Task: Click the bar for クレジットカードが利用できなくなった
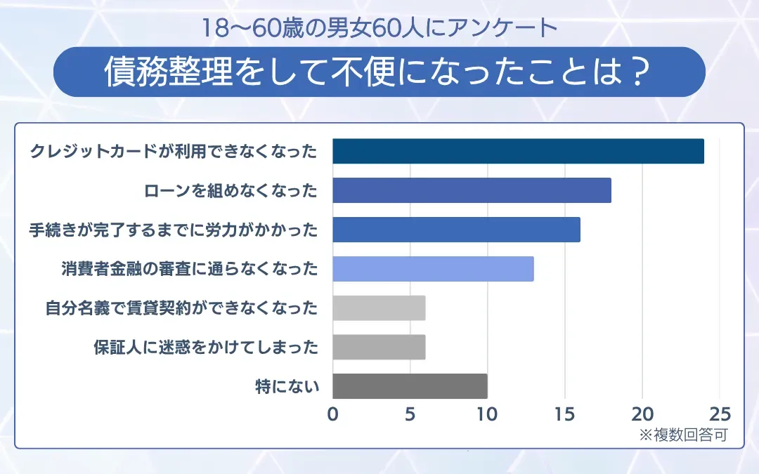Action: (518, 151)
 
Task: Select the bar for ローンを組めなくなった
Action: (472, 190)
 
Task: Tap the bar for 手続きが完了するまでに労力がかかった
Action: (456, 230)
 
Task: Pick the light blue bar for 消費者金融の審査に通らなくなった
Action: (433, 269)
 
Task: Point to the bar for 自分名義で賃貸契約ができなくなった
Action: (379, 308)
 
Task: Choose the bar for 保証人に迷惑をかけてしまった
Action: (379, 348)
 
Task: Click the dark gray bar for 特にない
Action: (410, 386)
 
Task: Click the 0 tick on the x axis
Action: (332, 414)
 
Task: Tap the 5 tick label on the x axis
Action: (410, 414)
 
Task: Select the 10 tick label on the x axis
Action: (487, 414)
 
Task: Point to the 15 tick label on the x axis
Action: (565, 414)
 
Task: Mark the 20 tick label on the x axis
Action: (642, 414)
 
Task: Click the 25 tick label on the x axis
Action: (720, 414)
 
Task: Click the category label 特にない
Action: (287, 386)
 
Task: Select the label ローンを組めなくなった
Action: (231, 190)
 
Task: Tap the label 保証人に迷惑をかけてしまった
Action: (206, 348)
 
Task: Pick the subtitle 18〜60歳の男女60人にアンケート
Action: (379, 28)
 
